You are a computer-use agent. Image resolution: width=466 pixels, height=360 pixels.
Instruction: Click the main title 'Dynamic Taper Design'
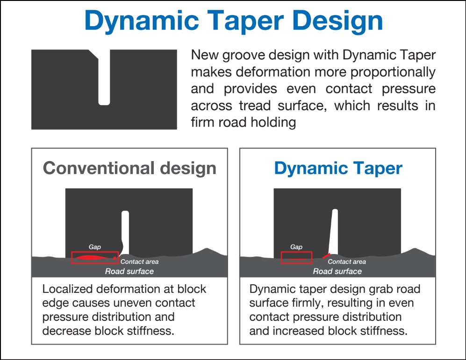[x=234, y=21]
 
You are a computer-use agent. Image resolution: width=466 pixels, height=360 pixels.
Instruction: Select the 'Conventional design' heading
[x=129, y=168]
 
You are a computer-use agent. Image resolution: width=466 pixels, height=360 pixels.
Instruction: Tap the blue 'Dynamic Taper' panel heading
[x=338, y=169]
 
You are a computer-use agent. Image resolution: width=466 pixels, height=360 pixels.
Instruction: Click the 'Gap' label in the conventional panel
[x=95, y=247]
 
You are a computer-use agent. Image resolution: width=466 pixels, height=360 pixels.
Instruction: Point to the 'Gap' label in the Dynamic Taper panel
[x=296, y=247]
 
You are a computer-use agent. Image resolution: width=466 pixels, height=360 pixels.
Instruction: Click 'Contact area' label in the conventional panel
[x=139, y=261]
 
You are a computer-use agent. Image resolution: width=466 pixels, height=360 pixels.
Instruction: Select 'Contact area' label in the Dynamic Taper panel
[x=347, y=261]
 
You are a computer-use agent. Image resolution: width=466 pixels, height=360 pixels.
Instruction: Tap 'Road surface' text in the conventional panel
[x=129, y=271]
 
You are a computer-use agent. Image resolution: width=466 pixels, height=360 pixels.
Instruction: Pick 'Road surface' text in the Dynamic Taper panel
[x=337, y=271]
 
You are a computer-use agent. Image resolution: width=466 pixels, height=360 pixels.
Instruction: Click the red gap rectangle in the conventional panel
[x=95, y=252]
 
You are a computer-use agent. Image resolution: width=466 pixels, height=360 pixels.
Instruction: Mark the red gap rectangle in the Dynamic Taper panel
[x=297, y=252]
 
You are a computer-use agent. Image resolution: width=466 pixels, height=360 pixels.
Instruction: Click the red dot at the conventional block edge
[x=115, y=258]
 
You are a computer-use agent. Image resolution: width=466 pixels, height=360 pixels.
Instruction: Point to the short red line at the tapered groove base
[x=326, y=255]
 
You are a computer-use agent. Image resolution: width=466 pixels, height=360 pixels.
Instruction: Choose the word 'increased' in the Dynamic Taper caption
[x=298, y=331]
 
